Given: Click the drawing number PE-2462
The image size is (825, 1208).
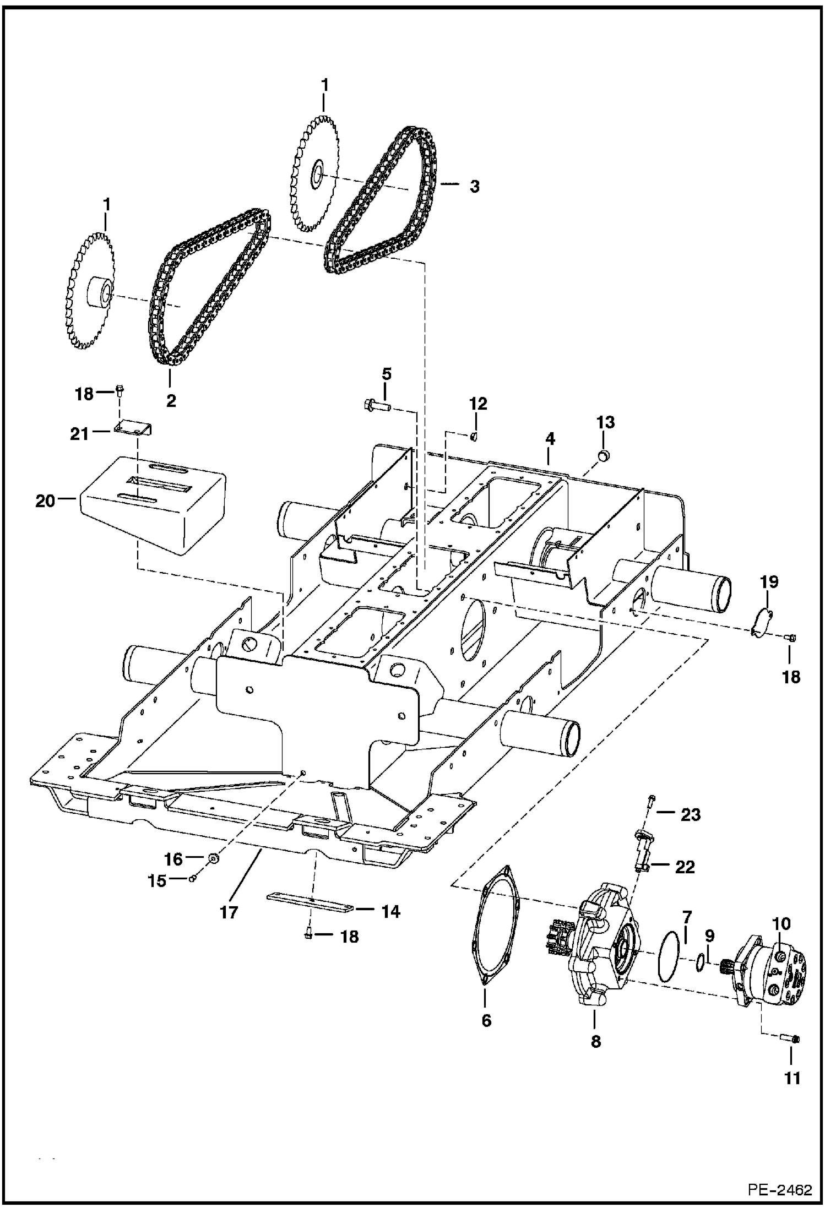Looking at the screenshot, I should pyautogui.click(x=780, y=1190).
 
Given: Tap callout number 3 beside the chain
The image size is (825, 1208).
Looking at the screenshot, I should pyautogui.click(x=474, y=186).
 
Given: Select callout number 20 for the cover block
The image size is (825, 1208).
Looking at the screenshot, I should pyautogui.click(x=46, y=501).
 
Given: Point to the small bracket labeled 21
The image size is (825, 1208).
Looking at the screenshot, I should pyautogui.click(x=133, y=428).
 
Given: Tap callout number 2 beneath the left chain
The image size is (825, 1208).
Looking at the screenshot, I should pyautogui.click(x=171, y=401).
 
